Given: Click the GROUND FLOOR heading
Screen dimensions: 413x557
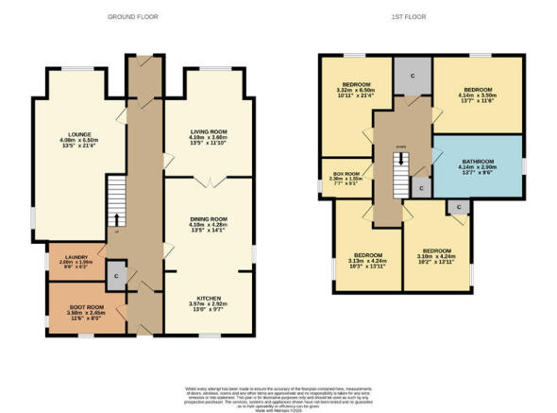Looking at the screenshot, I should coord(132,17).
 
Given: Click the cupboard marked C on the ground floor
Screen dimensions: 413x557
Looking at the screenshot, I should coord(115,275).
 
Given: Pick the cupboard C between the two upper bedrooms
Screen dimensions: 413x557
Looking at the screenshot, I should coord(413,74).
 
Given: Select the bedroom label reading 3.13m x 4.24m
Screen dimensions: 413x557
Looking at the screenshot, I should coord(367,260).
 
